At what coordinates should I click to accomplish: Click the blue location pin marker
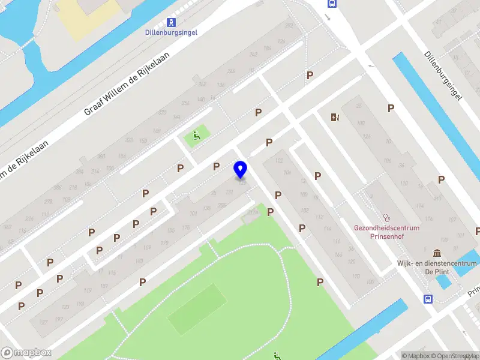point(241,169)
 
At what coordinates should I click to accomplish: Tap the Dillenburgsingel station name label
point(172,32)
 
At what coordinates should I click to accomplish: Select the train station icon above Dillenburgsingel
point(172,23)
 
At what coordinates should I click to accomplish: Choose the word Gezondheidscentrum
point(386,228)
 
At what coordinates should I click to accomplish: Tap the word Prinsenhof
point(386,236)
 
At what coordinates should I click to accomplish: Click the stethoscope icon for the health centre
point(387,218)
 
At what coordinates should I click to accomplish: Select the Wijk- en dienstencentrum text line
point(436,263)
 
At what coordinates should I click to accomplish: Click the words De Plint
point(437,271)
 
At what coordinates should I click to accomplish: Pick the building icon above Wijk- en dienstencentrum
point(436,253)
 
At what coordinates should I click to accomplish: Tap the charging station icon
point(334,117)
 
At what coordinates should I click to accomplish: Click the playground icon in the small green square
point(196,136)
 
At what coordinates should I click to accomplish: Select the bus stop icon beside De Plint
point(427,299)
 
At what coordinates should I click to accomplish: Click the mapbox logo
point(26,353)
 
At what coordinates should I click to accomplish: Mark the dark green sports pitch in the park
point(195,310)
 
